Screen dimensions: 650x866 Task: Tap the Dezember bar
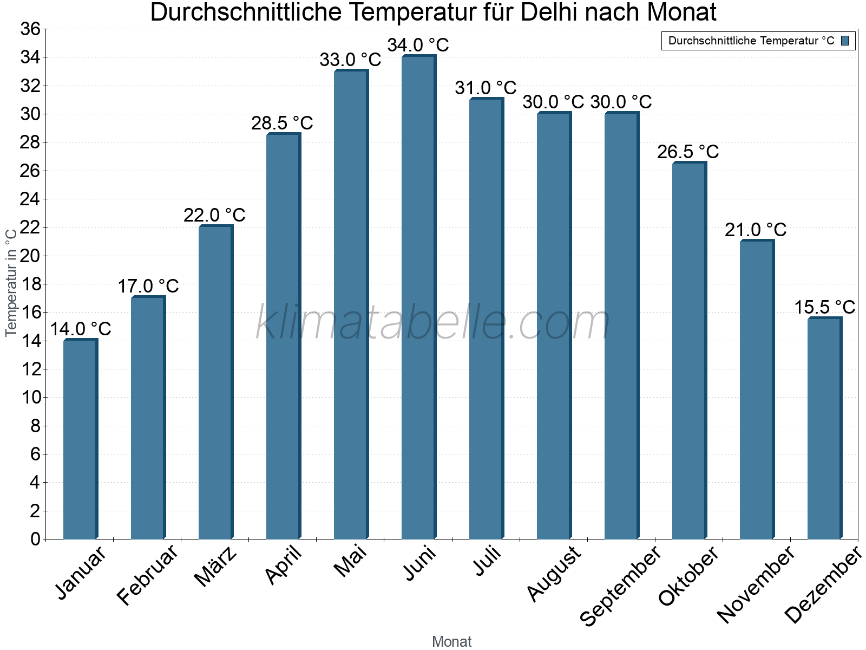[x=824, y=428]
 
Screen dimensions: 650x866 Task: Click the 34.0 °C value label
[x=418, y=45]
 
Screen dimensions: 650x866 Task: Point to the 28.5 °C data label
[x=282, y=123]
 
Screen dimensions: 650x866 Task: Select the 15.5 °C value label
[x=824, y=307]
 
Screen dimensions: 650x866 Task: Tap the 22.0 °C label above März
[x=214, y=215]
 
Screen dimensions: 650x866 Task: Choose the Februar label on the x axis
[x=147, y=574]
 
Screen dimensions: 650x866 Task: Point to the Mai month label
[x=350, y=561]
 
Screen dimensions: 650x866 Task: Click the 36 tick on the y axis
[x=30, y=29]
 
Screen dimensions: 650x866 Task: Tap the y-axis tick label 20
[x=30, y=256]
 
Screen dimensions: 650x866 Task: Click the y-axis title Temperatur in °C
[x=11, y=282]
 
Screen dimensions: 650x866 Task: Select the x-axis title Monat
[x=452, y=641]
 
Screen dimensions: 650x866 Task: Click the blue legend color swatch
[x=845, y=41]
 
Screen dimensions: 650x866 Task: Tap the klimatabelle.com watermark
[x=433, y=323]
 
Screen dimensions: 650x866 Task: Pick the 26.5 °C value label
[x=688, y=152]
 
